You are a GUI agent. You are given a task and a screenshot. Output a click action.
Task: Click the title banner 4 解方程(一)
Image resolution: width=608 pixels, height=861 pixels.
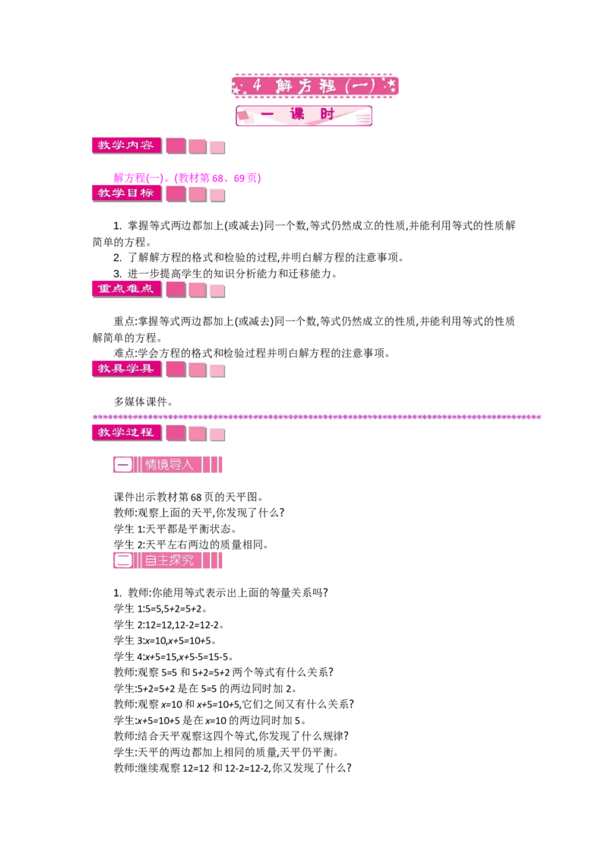click(x=315, y=86)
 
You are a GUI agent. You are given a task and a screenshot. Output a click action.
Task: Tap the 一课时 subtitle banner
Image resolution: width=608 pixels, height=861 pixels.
click(x=304, y=116)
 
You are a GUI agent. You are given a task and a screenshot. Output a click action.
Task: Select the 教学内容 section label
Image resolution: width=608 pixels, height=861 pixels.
click(x=127, y=145)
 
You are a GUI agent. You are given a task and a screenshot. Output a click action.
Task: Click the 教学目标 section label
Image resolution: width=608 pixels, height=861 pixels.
click(x=127, y=193)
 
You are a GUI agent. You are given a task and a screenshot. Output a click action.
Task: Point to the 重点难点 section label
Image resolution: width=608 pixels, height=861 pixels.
click(x=127, y=289)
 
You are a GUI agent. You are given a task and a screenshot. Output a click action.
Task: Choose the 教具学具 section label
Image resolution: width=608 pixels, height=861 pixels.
click(x=127, y=369)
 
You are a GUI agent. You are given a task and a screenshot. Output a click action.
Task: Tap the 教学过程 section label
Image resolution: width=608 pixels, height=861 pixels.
click(x=127, y=433)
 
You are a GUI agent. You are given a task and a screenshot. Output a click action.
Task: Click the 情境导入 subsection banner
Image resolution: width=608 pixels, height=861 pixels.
click(x=168, y=465)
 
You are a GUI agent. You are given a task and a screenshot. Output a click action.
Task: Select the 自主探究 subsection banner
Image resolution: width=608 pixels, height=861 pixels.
click(x=168, y=560)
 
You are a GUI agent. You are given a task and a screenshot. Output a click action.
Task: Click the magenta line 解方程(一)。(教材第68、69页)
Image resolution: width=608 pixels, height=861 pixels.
click(x=187, y=178)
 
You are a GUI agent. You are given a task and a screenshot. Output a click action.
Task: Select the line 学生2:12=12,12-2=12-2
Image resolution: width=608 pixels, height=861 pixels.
click(x=169, y=624)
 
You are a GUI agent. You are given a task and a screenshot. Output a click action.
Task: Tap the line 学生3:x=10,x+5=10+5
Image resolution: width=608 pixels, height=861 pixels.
click(x=165, y=640)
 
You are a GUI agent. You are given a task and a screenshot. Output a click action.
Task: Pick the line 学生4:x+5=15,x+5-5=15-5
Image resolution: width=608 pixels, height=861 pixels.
click(x=173, y=656)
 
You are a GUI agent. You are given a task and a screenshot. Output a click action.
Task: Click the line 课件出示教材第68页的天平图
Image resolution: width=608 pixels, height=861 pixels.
click(x=189, y=497)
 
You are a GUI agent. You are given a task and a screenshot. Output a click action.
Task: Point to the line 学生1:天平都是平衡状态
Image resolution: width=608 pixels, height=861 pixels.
click(x=176, y=529)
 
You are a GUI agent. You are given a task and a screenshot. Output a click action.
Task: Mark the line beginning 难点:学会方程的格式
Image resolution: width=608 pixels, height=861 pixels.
click(x=252, y=353)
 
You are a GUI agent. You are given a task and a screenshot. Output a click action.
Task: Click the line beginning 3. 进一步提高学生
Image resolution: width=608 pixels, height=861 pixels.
click(x=225, y=274)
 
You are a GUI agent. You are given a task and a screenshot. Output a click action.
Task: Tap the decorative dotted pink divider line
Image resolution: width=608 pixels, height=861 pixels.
click(x=317, y=417)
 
